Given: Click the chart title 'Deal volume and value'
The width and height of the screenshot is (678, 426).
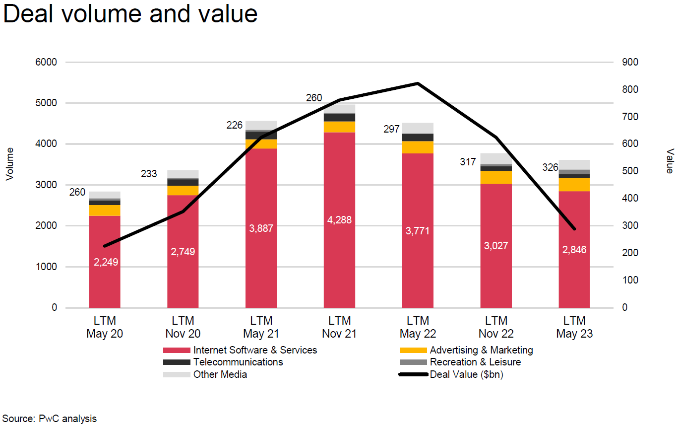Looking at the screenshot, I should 130,14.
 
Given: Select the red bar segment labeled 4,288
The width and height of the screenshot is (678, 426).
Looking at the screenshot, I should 339,219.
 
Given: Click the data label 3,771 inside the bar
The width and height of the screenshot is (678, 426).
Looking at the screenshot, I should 418,231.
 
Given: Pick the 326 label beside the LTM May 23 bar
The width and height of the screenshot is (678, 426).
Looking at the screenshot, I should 550,168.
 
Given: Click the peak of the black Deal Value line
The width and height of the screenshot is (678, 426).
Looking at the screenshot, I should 418,83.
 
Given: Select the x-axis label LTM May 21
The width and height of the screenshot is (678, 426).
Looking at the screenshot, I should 261,327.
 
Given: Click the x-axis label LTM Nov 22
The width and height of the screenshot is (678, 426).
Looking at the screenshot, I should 496,327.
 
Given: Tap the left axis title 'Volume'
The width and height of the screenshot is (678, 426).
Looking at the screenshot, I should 9,164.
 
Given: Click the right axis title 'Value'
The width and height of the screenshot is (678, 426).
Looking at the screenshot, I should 670,161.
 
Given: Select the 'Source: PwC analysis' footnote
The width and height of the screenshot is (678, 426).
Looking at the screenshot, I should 50,419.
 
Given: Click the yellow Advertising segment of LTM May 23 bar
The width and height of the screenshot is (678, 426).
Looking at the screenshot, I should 574,184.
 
